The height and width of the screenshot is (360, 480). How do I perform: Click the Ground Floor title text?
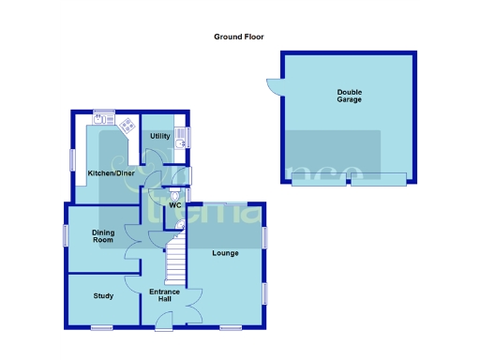(239, 37)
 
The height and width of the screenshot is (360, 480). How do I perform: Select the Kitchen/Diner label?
(111, 173)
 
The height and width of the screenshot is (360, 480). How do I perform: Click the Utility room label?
(159, 137)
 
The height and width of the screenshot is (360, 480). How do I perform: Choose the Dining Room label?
(102, 236)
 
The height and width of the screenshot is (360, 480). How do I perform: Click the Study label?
(103, 296)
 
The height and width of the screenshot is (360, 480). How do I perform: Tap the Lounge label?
(225, 253)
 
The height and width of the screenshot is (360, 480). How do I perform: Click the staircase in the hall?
(176, 262)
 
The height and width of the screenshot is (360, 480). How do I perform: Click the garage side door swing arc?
(273, 87)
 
